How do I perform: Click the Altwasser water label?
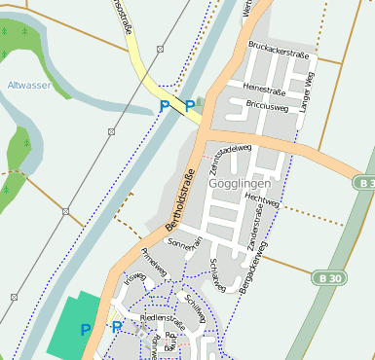point(29,87)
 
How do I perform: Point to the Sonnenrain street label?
point(184,243)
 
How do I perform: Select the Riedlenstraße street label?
point(163,317)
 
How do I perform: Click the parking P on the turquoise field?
point(85,331)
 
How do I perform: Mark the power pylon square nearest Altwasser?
point(65,211)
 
